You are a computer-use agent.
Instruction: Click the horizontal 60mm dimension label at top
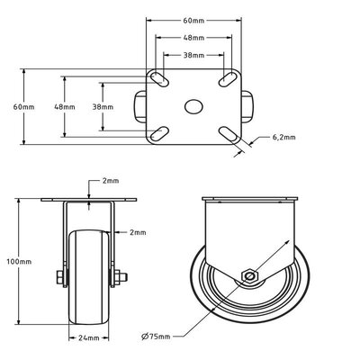click(x=193, y=21)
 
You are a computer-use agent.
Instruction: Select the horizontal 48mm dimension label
click(x=193, y=38)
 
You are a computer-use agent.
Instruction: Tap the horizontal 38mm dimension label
click(x=193, y=55)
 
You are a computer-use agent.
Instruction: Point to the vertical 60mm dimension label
click(x=24, y=107)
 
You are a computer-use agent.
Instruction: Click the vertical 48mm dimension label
click(x=65, y=107)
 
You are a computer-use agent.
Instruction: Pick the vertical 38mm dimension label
click(x=103, y=107)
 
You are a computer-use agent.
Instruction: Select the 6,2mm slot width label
click(x=283, y=138)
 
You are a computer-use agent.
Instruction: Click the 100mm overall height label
click(x=19, y=262)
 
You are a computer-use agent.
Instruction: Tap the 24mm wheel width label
click(x=89, y=338)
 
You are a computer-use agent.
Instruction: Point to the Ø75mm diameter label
click(x=156, y=337)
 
